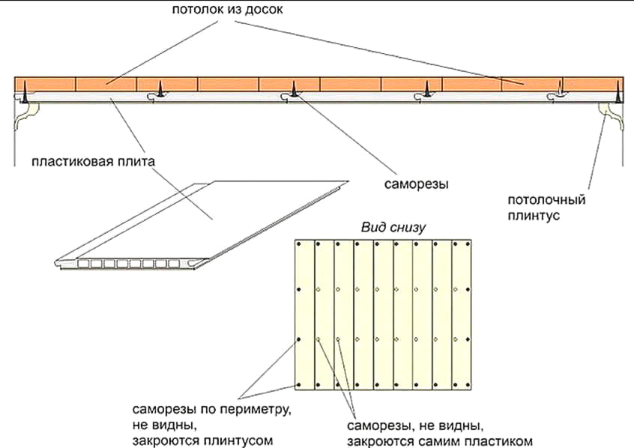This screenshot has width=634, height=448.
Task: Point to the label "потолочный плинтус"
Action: pyautogui.click(x=546, y=208)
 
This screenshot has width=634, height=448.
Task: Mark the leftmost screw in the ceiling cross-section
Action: pyautogui.click(x=24, y=93)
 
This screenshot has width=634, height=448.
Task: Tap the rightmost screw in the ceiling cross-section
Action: pyautogui.click(x=617, y=94)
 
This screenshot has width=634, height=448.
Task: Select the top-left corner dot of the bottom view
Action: pyautogui.click(x=298, y=244)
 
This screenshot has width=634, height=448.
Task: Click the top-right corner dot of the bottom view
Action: pyautogui.click(x=471, y=244)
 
